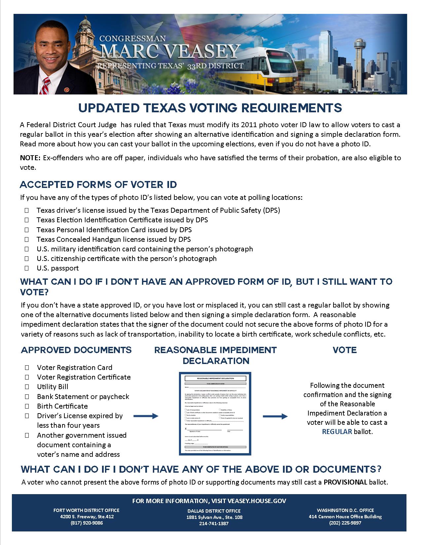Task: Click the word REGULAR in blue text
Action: click(x=337, y=432)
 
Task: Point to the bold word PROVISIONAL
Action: click(x=345, y=482)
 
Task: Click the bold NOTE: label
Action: click(x=30, y=158)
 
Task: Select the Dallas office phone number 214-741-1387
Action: click(x=214, y=524)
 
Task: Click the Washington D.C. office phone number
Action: click(x=345, y=523)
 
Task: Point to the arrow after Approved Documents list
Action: click(x=146, y=417)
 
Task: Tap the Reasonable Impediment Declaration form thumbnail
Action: click(x=215, y=414)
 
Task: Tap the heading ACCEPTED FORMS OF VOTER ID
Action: click(x=98, y=184)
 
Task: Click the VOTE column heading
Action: click(x=345, y=350)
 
